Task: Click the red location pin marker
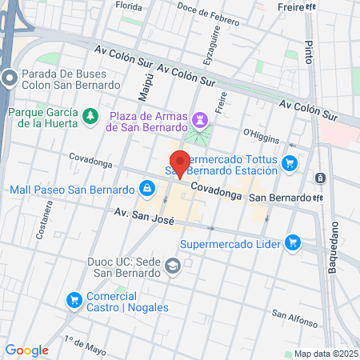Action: (180, 163)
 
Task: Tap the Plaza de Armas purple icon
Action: (201, 120)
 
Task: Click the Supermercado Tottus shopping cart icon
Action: (290, 163)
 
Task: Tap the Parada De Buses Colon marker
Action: (10, 78)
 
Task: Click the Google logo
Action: (26, 350)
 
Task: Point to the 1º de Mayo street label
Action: (85, 343)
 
